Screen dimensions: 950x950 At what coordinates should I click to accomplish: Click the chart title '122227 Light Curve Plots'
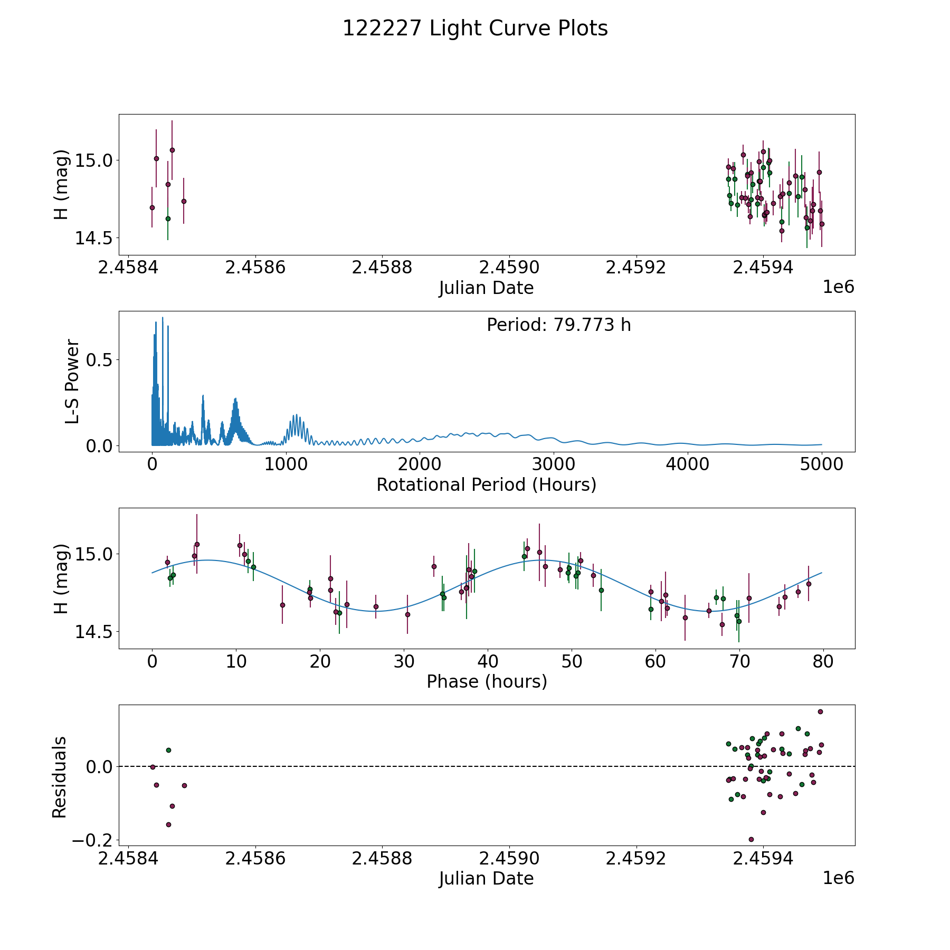[x=475, y=28]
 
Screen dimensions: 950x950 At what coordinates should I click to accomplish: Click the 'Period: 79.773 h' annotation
[x=558, y=325]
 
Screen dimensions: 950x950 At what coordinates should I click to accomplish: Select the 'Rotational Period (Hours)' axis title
[x=486, y=484]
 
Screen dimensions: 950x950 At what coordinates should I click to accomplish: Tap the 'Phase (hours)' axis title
[x=487, y=681]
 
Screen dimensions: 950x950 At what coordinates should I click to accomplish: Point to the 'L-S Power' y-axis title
[x=72, y=382]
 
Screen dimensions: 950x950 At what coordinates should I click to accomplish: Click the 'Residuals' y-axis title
[x=60, y=777]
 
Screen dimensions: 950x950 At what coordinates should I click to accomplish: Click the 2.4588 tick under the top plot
[x=382, y=268]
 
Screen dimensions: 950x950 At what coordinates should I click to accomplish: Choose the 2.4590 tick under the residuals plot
[x=509, y=859]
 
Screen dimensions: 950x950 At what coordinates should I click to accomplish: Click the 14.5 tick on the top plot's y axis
[x=93, y=238]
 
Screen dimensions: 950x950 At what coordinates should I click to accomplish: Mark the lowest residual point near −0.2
[x=751, y=839]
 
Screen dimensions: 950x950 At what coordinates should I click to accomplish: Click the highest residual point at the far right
[x=820, y=711]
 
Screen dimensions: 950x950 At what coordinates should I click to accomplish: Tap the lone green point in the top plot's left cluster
[x=168, y=218]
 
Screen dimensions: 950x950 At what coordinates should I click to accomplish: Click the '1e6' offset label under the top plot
[x=838, y=287]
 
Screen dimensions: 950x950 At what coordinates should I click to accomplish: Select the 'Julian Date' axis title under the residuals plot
[x=486, y=878]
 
